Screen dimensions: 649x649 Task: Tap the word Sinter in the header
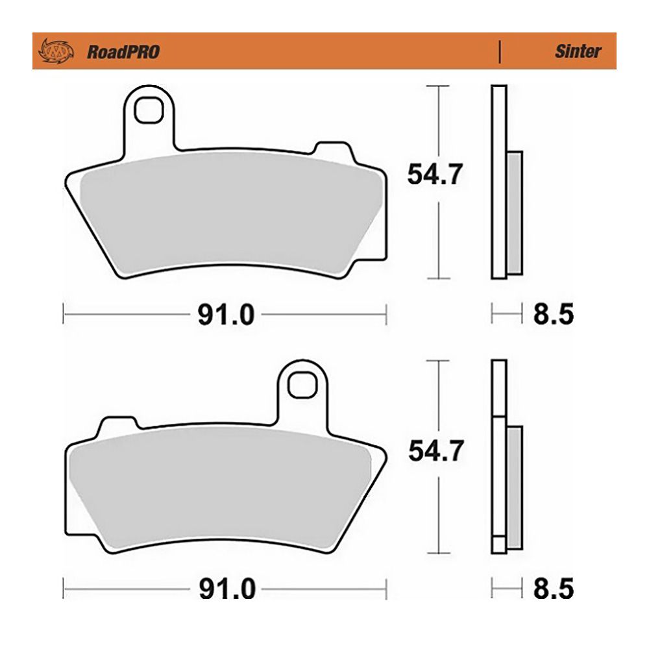pyautogui.click(x=578, y=51)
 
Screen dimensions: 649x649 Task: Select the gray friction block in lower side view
pyautogui.click(x=513, y=487)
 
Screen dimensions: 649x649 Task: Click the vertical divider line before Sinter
pyautogui.click(x=498, y=51)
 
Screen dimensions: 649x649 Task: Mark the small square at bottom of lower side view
pyautogui.click(x=498, y=544)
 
